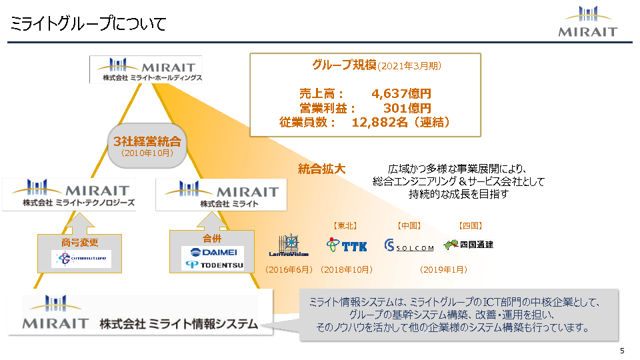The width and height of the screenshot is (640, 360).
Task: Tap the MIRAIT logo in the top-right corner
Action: (x=589, y=21)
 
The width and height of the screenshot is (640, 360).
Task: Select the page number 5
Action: (x=622, y=351)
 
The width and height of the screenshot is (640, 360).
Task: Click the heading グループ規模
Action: (x=344, y=65)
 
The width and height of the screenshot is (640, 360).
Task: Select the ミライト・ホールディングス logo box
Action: (x=145, y=69)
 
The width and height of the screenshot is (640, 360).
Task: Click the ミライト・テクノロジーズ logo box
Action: (x=69, y=193)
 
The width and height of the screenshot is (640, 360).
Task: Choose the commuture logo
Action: (x=81, y=259)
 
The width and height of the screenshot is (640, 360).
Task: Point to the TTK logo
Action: (x=347, y=245)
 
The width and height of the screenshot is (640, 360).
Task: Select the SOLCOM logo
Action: (x=409, y=246)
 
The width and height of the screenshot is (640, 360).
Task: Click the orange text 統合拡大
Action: (x=321, y=169)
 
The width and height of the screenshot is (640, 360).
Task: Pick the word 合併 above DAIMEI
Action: (x=211, y=238)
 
